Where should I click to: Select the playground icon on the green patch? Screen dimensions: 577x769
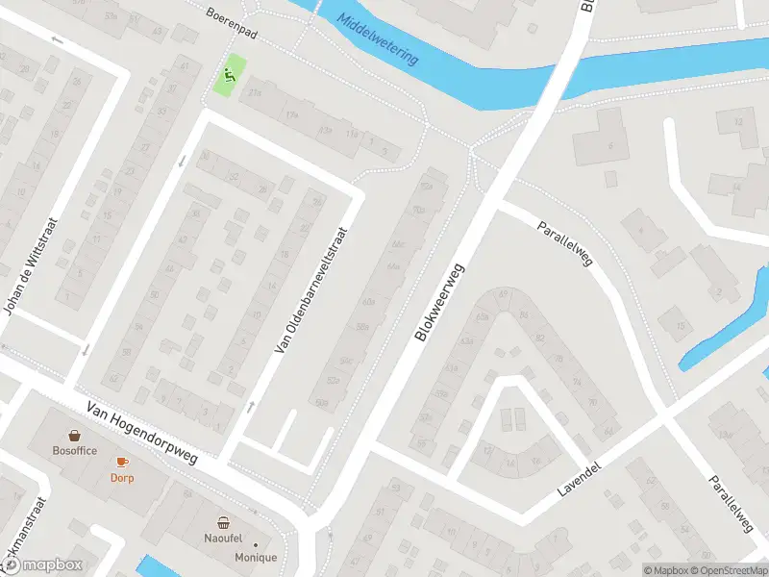click(x=229, y=75)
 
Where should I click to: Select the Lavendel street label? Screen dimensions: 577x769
click(x=580, y=478)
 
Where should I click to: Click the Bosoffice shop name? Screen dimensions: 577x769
click(x=74, y=450)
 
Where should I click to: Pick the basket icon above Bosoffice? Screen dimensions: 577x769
click(x=74, y=435)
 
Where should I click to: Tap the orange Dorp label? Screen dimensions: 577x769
click(x=121, y=477)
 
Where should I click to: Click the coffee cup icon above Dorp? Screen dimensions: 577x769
click(x=121, y=462)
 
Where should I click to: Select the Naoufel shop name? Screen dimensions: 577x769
click(x=224, y=539)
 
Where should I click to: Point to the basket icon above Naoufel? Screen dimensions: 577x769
click(x=224, y=523)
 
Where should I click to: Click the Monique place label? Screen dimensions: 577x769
click(x=255, y=558)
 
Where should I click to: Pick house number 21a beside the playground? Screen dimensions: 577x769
click(x=255, y=93)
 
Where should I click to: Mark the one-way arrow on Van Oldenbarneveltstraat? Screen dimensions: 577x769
click(x=253, y=406)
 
